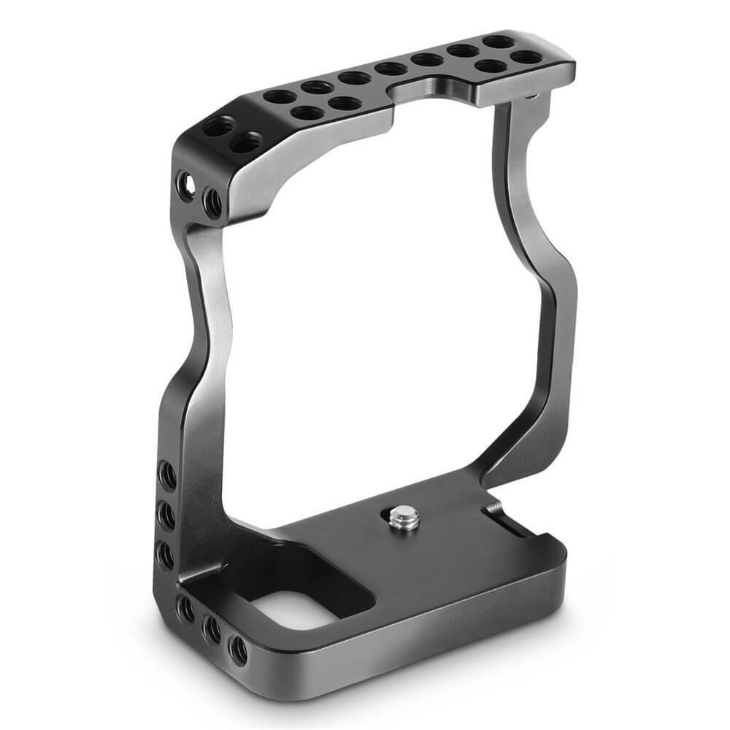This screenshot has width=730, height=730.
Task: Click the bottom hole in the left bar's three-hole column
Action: click(x=167, y=555)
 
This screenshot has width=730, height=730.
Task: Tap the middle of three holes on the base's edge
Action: click(x=212, y=629)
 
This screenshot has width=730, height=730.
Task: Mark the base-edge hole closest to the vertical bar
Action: click(x=185, y=609)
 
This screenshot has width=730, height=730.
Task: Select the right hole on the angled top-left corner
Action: click(x=246, y=142)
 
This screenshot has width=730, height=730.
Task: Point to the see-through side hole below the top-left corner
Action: click(x=186, y=186)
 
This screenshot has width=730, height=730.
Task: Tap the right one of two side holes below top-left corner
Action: click(x=212, y=202)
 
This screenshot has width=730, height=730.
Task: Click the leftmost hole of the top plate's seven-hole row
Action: click(x=279, y=96)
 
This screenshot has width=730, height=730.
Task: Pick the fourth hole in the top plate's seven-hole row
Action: click(x=391, y=69)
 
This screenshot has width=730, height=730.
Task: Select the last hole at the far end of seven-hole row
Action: click(x=497, y=42)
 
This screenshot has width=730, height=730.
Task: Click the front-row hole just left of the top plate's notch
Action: click(x=344, y=102)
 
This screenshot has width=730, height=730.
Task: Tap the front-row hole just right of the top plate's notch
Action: click(x=490, y=67)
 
